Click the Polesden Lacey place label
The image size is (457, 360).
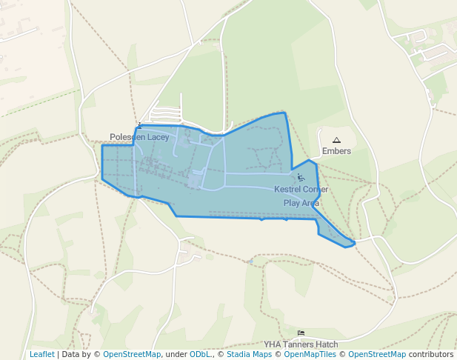click(x=139, y=137)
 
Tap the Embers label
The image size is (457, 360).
click(x=336, y=151)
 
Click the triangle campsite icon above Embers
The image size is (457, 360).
click(x=336, y=140)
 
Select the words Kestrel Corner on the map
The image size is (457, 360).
click(x=301, y=190)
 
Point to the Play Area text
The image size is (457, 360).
click(x=301, y=202)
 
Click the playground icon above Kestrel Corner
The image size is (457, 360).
click(x=300, y=178)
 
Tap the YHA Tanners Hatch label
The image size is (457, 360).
click(x=301, y=344)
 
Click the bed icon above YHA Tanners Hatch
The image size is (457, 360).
click(x=301, y=333)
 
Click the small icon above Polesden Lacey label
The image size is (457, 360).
click(x=139, y=125)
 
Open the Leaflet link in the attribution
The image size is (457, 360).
click(x=41, y=355)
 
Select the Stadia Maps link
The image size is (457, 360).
click(x=247, y=355)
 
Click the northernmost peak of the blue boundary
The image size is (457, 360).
click(x=284, y=113)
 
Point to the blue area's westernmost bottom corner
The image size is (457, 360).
click(x=102, y=177)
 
